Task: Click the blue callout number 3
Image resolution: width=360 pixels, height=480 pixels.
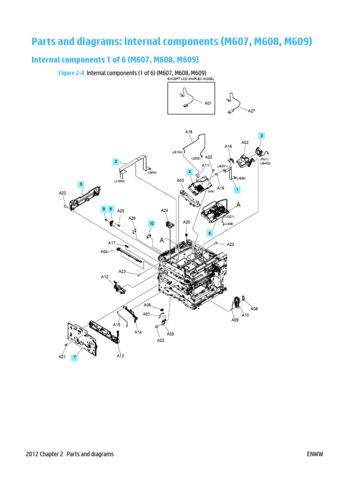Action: pyautogui.click(x=262, y=136)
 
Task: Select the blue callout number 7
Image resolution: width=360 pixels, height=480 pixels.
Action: pyautogui.click(x=74, y=357)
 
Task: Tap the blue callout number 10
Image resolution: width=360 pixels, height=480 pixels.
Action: pyautogui.click(x=151, y=224)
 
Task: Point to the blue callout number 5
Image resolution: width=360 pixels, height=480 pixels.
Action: pyautogui.click(x=81, y=184)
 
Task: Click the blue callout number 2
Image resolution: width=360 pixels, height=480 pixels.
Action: pyautogui.click(x=115, y=162)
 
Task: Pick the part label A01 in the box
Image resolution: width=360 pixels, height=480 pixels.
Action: pyautogui.click(x=208, y=103)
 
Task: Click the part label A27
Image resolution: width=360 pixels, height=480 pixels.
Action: pyautogui.click(x=251, y=111)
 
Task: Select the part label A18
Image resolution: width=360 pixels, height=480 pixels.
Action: pyautogui.click(x=188, y=132)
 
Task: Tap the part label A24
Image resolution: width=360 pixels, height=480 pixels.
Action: pyautogui.click(x=165, y=210)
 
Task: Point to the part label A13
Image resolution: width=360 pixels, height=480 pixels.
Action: pyautogui.click(x=120, y=356)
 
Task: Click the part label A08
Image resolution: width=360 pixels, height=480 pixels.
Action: pyautogui.click(x=254, y=309)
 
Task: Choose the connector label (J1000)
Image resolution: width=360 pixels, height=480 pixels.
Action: pyautogui.click(x=119, y=181)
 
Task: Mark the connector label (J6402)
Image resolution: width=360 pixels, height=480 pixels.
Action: pyautogui.click(x=265, y=164)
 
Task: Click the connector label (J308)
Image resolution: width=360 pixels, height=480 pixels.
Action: pyautogui.click(x=229, y=224)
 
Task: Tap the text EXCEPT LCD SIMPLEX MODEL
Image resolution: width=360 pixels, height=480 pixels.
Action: pyautogui.click(x=191, y=79)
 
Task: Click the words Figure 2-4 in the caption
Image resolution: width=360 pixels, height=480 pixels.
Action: pyautogui.click(x=72, y=73)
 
